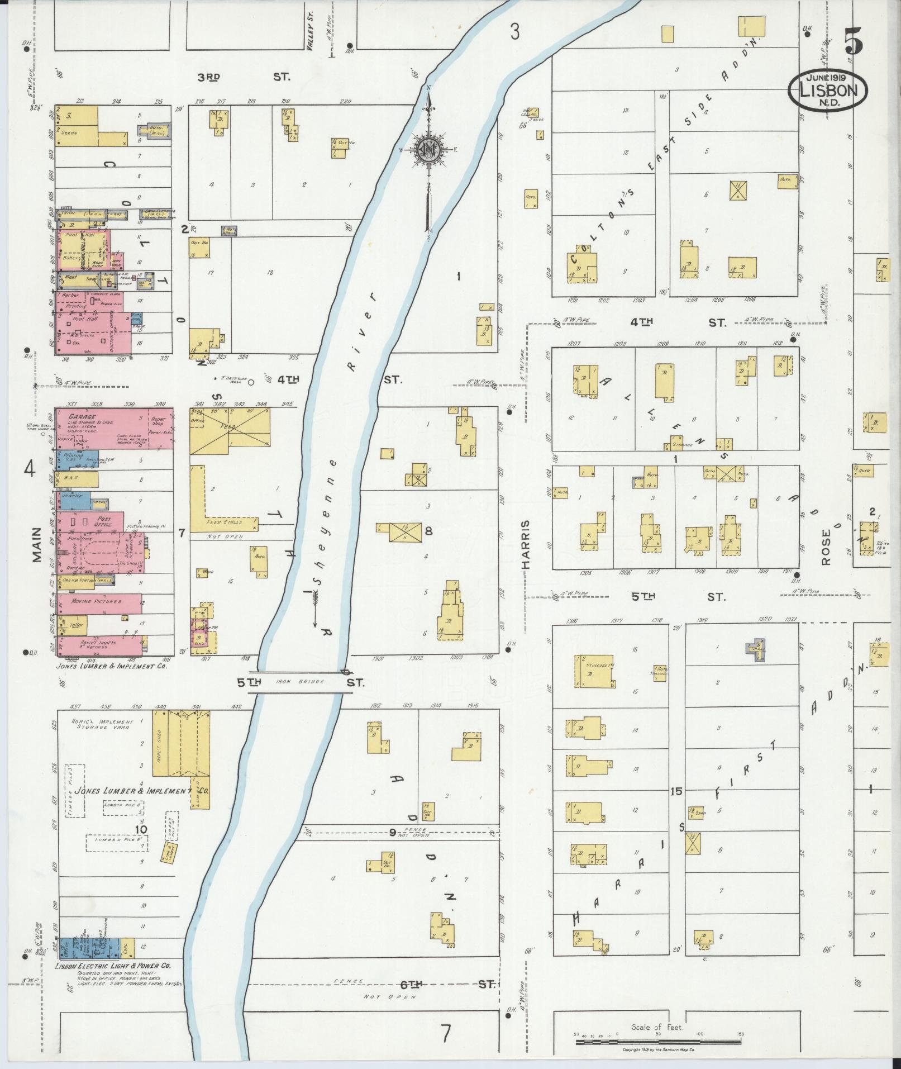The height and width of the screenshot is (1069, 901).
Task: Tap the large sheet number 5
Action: coord(854,41)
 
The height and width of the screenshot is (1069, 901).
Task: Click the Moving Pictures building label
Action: coord(96,601)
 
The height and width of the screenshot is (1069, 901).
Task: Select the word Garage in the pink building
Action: coord(82,417)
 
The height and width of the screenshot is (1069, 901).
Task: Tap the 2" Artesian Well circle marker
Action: coord(251,383)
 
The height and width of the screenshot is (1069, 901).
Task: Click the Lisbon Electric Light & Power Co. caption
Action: coord(113,966)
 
